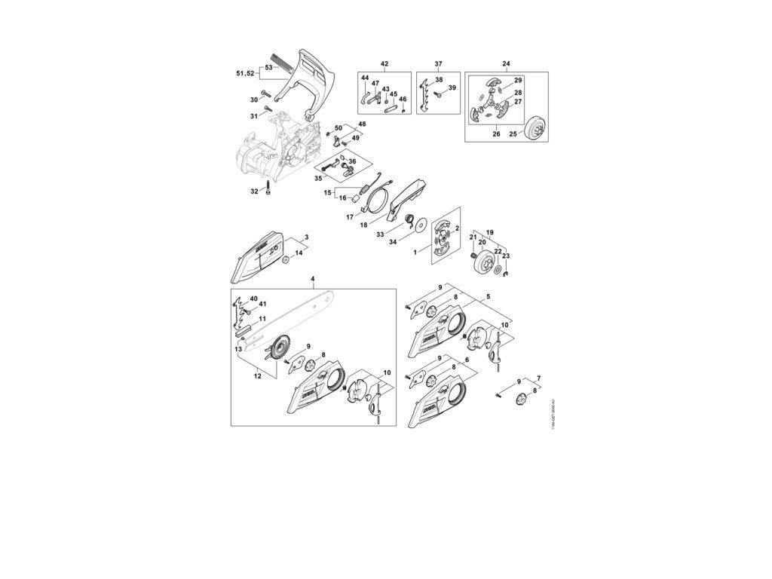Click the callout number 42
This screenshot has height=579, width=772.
[384, 63]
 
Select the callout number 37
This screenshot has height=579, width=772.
[438, 63]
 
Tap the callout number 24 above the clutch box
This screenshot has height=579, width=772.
[506, 63]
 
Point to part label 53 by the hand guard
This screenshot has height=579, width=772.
[268, 67]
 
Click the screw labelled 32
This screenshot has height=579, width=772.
[267, 192]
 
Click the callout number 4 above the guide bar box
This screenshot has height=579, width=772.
[313, 280]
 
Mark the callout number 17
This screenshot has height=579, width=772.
[350, 217]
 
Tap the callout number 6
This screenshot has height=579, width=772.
[467, 360]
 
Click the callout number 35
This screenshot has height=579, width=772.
[318, 179]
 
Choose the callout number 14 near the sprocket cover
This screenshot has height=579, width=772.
[299, 253]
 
